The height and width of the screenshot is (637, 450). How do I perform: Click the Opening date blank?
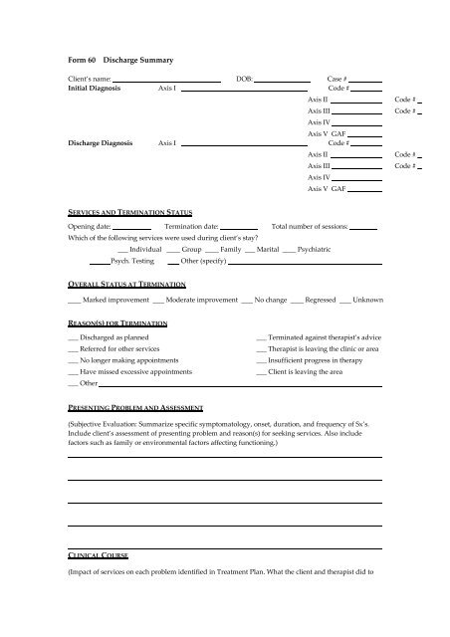point(125,228)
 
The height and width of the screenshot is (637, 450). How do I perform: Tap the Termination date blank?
point(238,228)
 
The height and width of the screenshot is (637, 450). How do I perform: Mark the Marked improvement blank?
point(73,300)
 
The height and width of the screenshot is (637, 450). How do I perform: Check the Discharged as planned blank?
point(72,338)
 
